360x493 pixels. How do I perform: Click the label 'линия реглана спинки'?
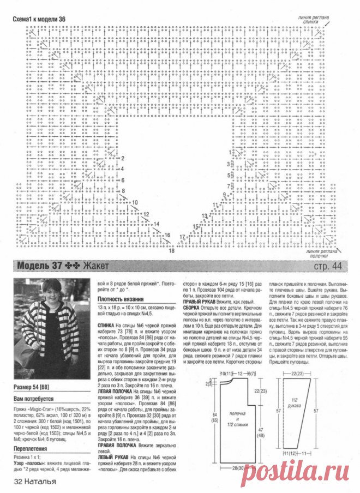(313, 20)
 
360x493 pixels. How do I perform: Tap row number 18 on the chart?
(171, 251)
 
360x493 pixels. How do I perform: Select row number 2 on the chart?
(123, 158)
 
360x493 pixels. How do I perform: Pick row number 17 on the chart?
(182, 237)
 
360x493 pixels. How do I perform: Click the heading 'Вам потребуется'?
(34, 400)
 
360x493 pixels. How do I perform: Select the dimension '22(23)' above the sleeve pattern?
(298, 372)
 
